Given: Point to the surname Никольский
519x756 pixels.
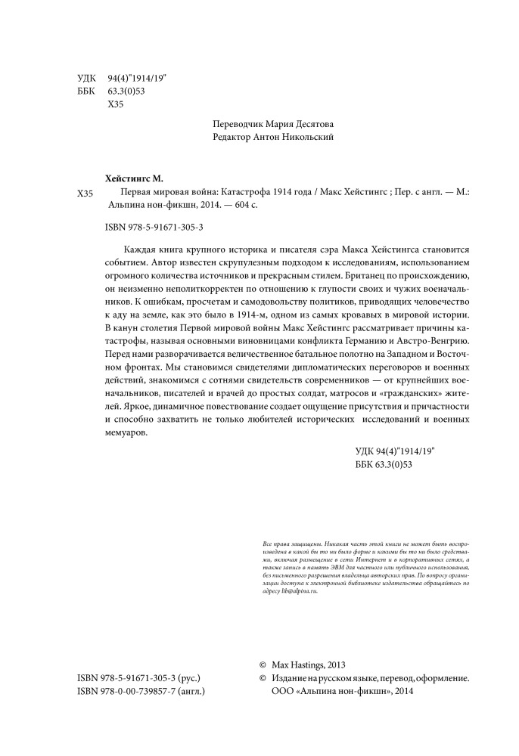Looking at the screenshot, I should tap(305, 137).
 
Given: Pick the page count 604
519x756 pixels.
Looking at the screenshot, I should tap(228, 206).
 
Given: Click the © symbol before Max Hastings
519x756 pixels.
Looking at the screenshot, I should tap(264, 665).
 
